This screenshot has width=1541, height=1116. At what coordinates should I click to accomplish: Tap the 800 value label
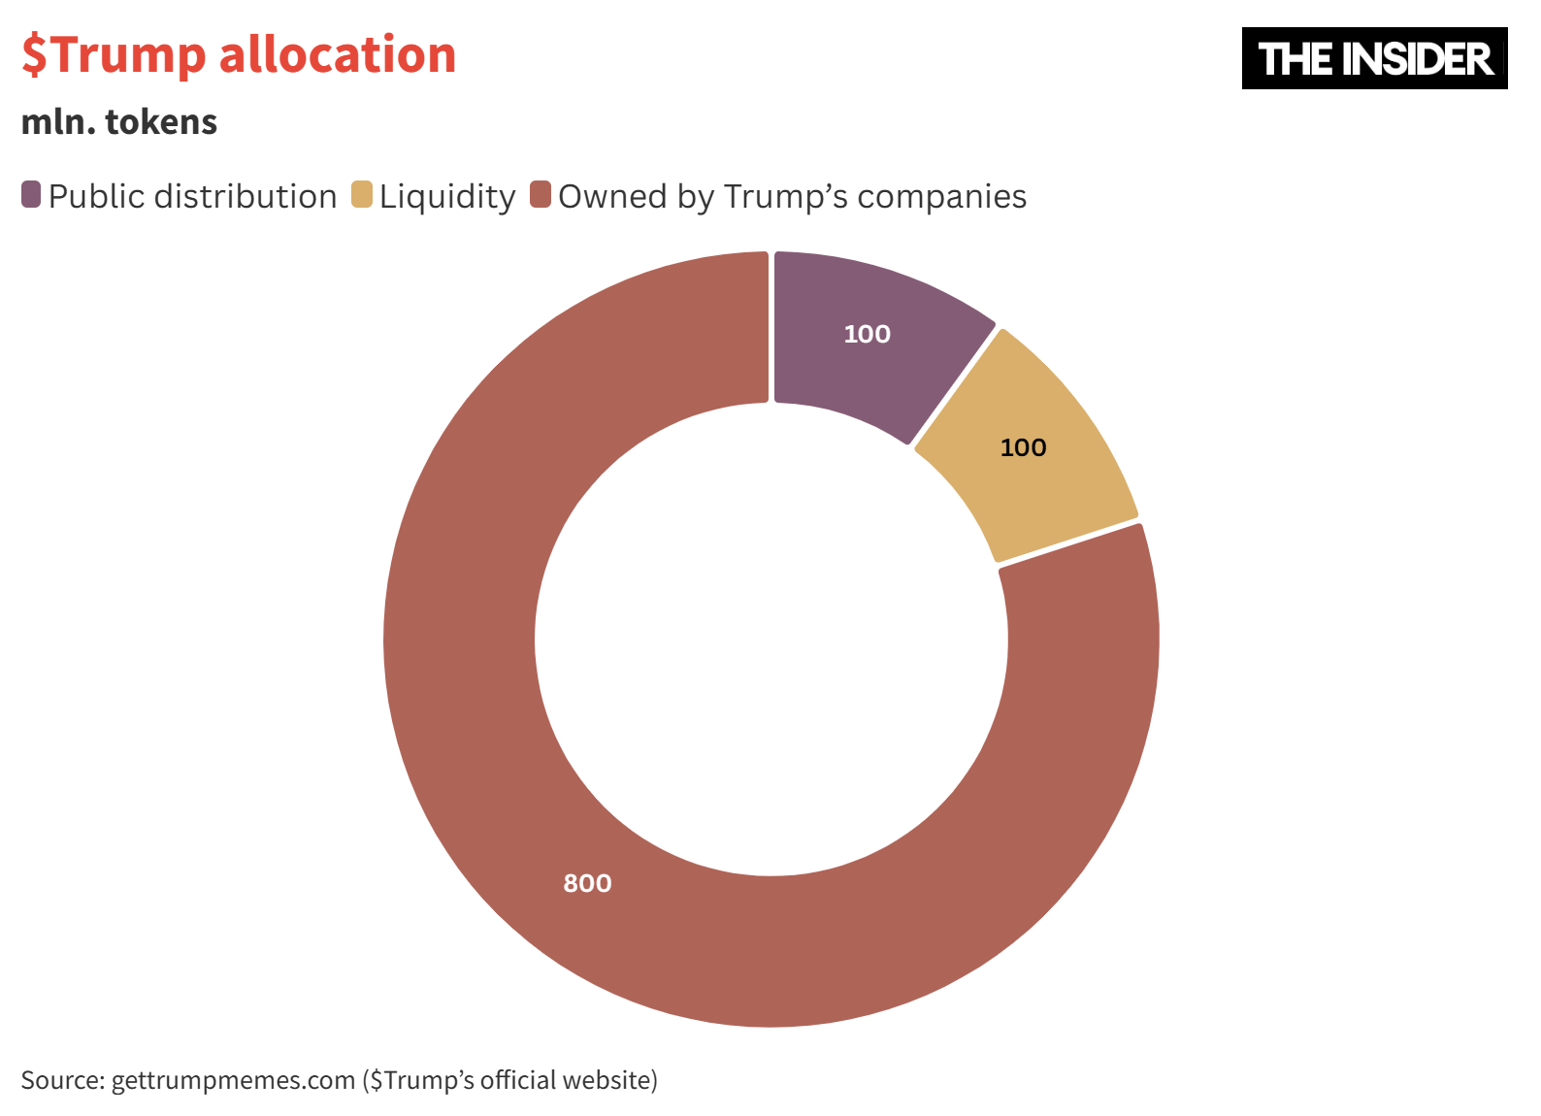click(587, 883)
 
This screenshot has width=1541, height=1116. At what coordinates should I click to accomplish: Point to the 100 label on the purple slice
click(867, 334)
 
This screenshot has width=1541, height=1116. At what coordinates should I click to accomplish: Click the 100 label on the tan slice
click(1023, 447)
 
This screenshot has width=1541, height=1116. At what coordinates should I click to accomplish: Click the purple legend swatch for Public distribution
click(31, 194)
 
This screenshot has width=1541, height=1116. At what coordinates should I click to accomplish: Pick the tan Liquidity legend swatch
click(362, 194)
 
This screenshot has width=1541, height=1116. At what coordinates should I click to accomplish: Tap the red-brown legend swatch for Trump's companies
click(541, 194)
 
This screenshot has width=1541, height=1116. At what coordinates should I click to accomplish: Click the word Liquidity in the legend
click(447, 196)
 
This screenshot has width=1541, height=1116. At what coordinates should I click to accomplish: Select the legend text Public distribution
click(192, 196)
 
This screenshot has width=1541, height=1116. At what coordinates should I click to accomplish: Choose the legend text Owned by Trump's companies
click(792, 196)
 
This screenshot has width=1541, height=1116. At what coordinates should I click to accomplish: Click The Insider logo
click(1374, 58)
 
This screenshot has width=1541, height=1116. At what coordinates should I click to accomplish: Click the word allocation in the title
click(338, 54)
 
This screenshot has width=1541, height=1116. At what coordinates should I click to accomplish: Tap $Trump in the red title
click(114, 54)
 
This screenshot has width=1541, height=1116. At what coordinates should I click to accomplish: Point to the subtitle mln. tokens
click(119, 122)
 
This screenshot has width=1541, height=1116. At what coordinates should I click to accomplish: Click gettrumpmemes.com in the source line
click(233, 1080)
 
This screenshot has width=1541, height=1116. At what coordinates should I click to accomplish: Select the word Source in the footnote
click(61, 1080)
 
